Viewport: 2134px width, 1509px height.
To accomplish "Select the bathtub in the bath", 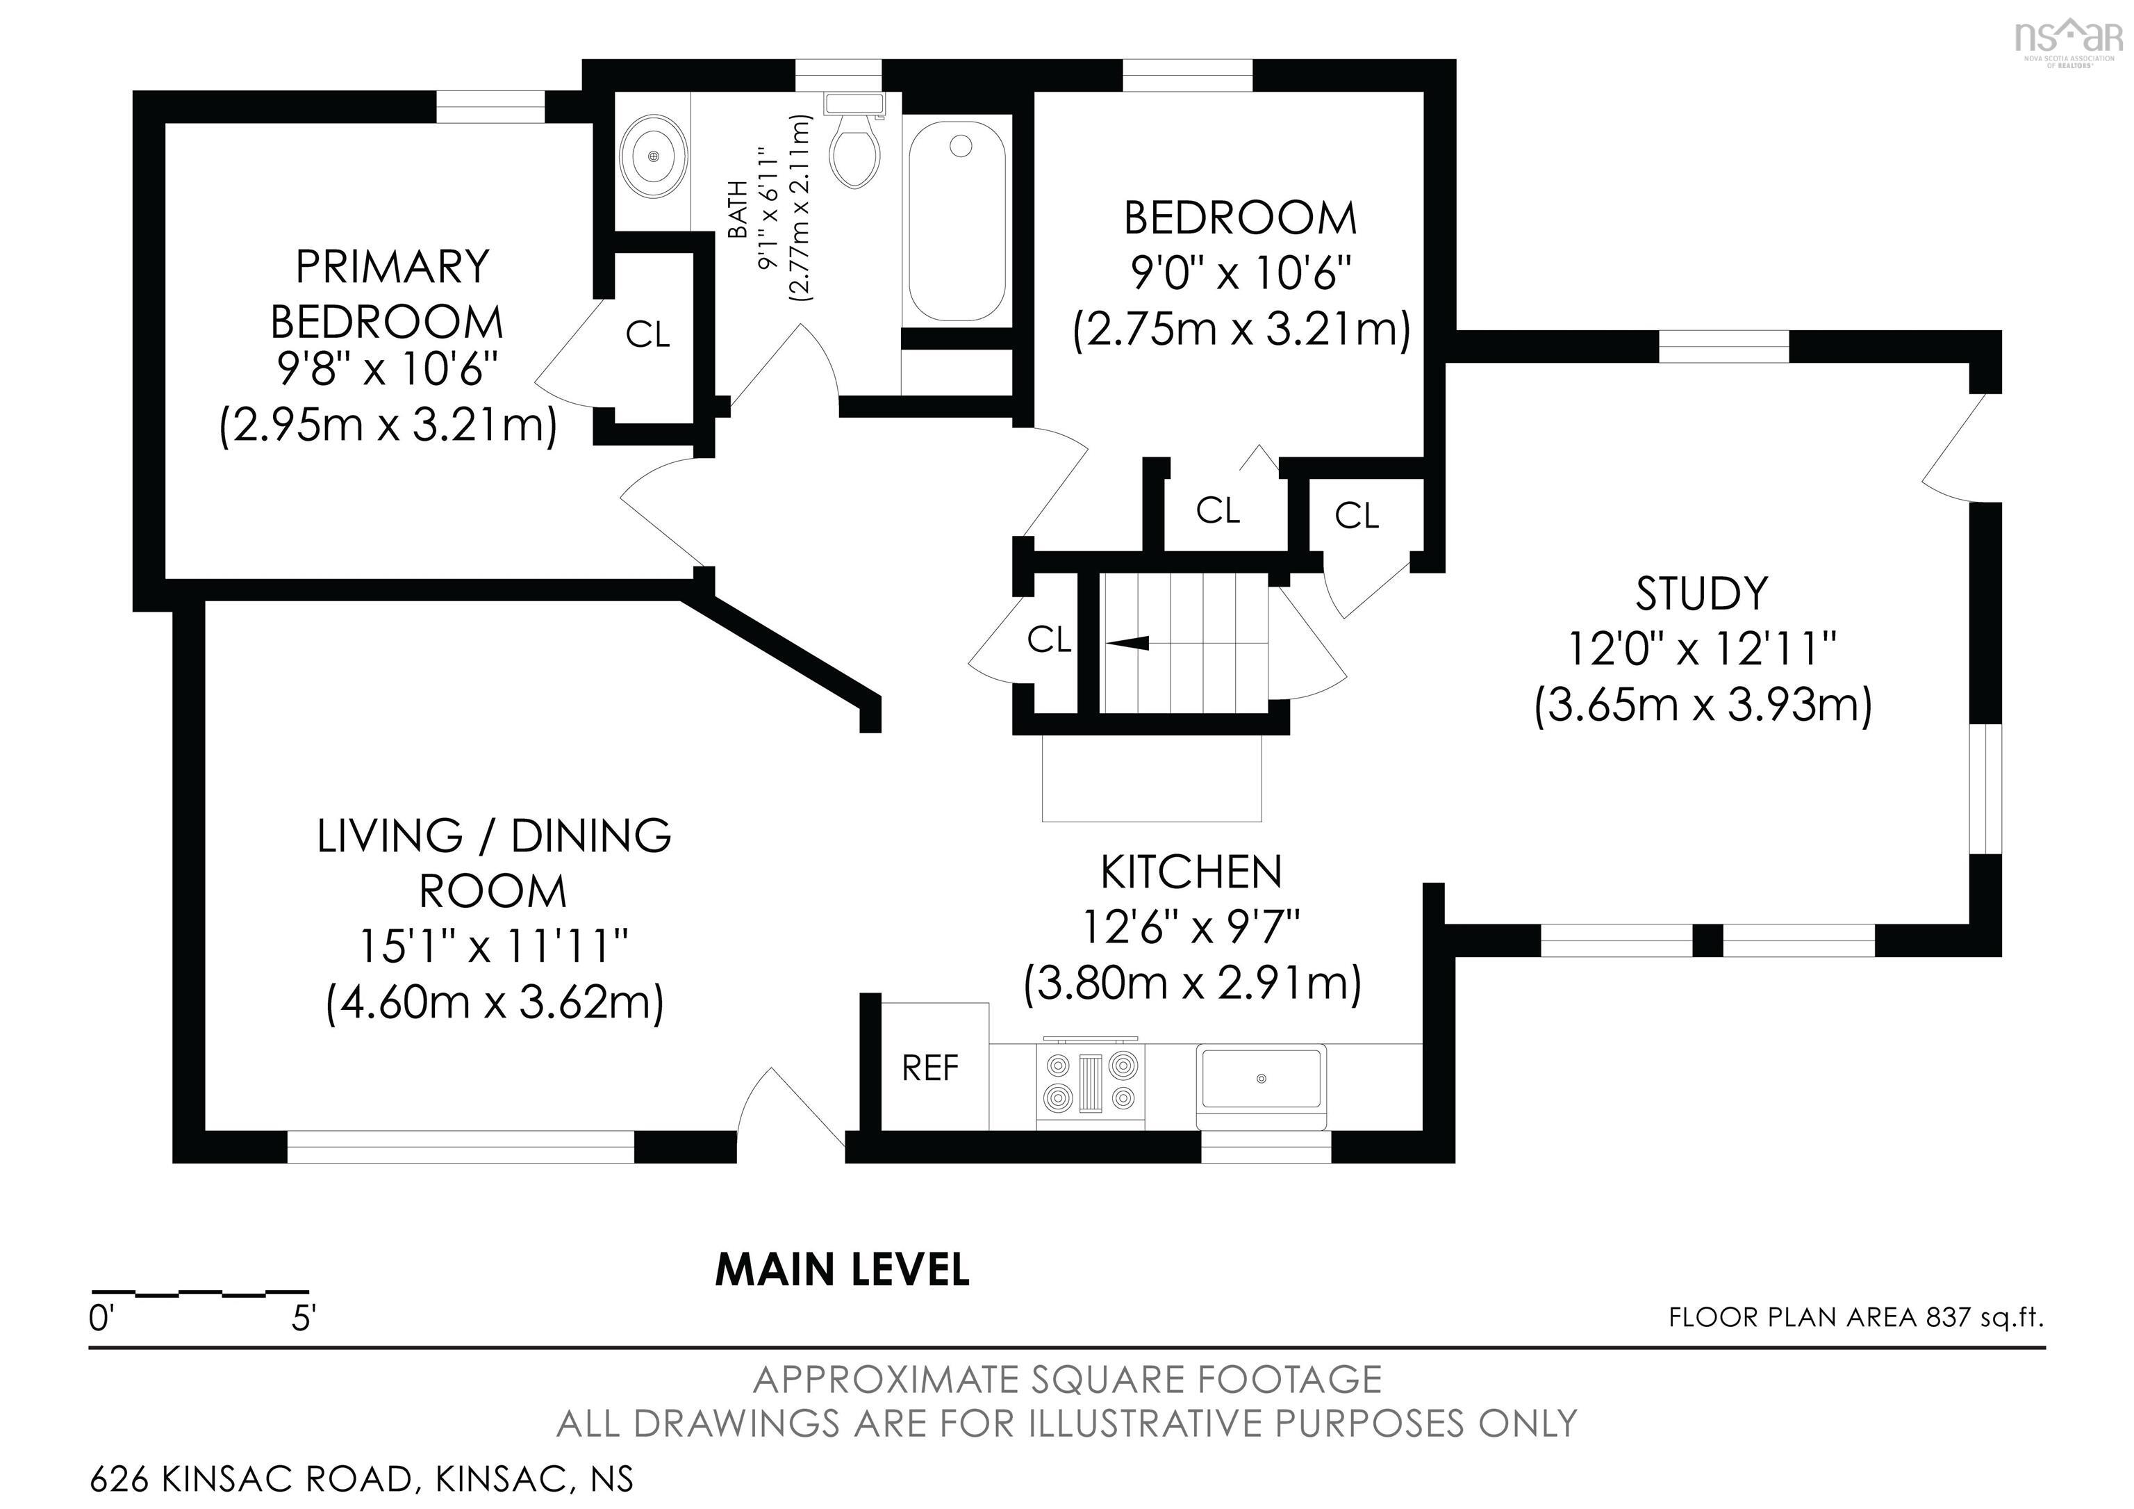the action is click(x=957, y=222).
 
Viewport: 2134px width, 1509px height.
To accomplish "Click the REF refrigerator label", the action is click(x=929, y=1068).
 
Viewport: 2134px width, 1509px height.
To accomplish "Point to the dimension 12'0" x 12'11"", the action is click(x=1702, y=649).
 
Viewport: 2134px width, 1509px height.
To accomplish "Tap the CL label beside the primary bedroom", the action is click(x=648, y=335).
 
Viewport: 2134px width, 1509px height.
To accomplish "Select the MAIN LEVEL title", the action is click(x=842, y=1269).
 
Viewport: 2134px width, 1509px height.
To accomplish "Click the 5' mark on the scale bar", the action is click(x=304, y=1319).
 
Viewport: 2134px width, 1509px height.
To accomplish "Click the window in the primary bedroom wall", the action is click(x=490, y=107).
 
